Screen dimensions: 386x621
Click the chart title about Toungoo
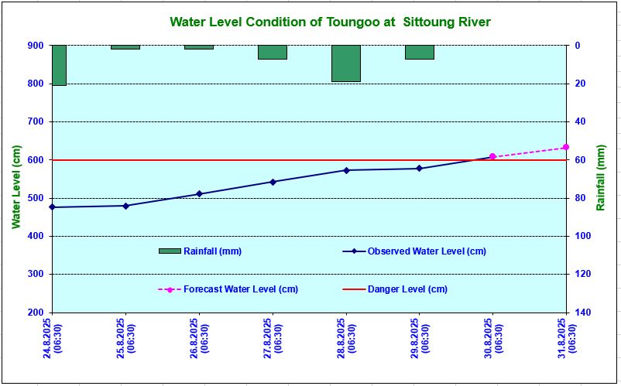[329, 22]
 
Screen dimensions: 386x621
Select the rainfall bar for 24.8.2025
[59, 65]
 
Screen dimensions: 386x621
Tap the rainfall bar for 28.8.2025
[346, 63]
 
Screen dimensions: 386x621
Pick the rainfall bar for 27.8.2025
[273, 52]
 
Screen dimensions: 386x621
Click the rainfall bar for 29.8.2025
[420, 52]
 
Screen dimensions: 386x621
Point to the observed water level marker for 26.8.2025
[199, 194]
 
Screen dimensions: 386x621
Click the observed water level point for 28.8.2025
[346, 170]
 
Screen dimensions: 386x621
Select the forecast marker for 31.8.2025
[566, 147]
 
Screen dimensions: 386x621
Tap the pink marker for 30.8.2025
[492, 156]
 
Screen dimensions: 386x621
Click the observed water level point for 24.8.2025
[53, 207]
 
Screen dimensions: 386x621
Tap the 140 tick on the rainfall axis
[583, 313]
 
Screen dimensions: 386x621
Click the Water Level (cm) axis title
[16, 186]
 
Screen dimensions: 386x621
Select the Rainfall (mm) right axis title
[602, 178]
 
